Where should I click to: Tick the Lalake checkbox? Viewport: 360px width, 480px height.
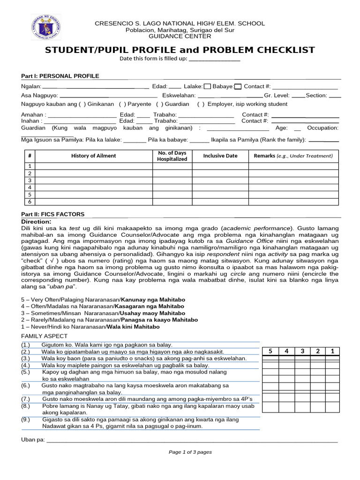coord(207,86)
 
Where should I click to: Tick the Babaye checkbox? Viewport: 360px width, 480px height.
coord(238,86)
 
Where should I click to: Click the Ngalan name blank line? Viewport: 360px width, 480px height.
coord(96,87)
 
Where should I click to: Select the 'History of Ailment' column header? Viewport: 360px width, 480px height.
coord(94,156)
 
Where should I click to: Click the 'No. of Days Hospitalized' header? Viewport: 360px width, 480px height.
coord(172,156)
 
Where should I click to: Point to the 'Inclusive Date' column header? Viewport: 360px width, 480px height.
coord(220,156)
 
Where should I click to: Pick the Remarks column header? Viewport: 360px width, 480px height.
coord(293,156)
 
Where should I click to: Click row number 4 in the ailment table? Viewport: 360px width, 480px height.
coord(30,187)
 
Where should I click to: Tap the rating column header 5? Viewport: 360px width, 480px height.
coord(270,351)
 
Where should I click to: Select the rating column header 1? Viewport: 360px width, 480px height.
coord(332,351)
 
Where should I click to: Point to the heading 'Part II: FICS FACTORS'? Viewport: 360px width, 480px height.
coord(53,214)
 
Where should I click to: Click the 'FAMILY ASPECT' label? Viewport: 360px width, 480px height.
coord(45,336)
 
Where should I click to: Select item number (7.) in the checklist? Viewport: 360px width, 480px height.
coord(26,398)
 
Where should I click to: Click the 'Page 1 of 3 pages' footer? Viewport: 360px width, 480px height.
coord(190,452)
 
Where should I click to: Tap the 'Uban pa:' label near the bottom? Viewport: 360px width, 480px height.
coord(33,439)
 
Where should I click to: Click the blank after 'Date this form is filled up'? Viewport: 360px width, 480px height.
coord(214,59)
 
